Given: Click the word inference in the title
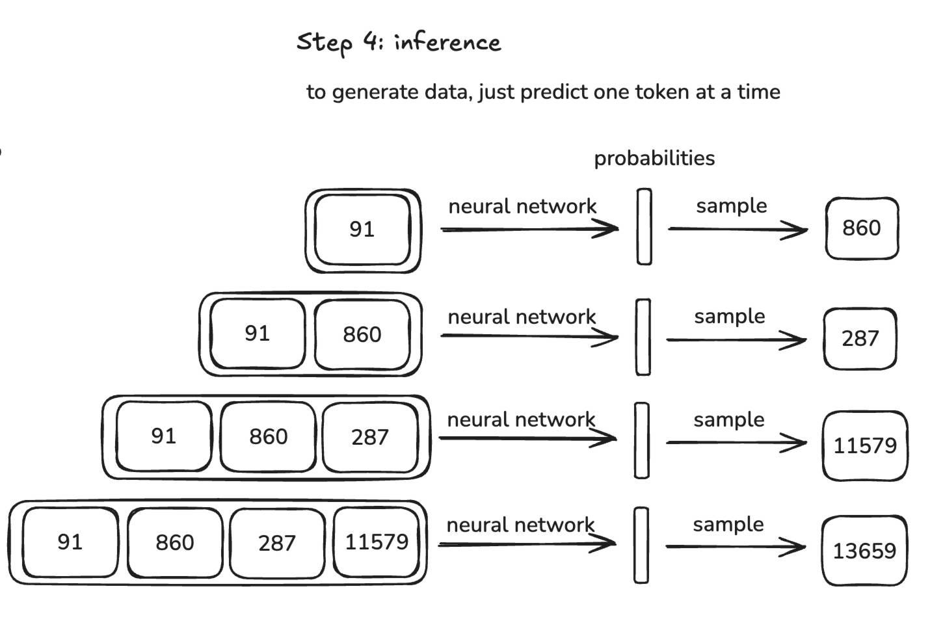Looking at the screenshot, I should (447, 42).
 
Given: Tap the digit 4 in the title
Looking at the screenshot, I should (371, 41).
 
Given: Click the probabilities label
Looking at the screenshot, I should (654, 158).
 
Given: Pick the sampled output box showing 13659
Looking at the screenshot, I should (864, 551).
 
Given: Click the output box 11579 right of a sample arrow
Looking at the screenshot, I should (864, 445).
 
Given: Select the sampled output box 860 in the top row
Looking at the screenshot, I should (862, 228).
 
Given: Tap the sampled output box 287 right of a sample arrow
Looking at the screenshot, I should (860, 339).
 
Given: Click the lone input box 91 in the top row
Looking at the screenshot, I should (362, 230).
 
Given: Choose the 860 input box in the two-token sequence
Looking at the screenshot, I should (362, 334).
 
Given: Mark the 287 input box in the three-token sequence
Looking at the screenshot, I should (369, 437).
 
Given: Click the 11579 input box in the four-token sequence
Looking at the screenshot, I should (377, 542).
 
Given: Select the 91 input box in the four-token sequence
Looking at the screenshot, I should (70, 542).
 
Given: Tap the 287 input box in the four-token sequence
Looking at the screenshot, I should (277, 543).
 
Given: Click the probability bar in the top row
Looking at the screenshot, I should (644, 227).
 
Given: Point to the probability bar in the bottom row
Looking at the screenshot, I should (641, 545).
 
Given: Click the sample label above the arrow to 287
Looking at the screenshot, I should (729, 317).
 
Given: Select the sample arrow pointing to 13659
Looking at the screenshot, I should (735, 546).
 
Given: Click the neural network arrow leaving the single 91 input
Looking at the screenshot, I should (529, 229).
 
